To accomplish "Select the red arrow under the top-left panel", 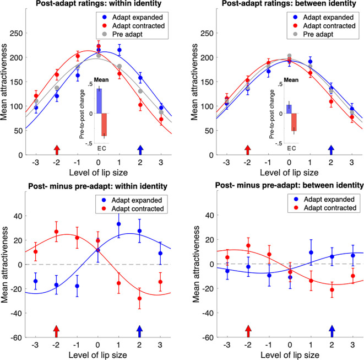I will (56, 149).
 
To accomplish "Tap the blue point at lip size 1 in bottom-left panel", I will (119, 224).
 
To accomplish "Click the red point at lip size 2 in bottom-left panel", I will (140, 299).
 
